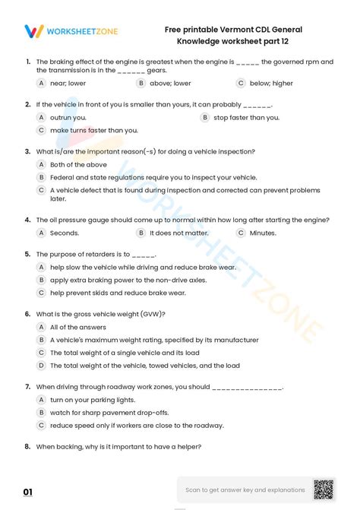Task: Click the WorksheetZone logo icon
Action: [x=33, y=31]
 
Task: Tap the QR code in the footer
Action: [x=324, y=489]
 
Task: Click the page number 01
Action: [x=28, y=493]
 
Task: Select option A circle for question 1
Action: [x=41, y=82]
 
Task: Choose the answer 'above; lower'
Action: [x=170, y=82]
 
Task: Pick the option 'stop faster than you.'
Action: [x=246, y=118]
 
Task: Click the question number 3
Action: [x=27, y=151]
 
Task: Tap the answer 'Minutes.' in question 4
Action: [x=263, y=233]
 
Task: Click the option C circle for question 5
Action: [x=41, y=292]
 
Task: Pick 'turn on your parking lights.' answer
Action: [x=92, y=399]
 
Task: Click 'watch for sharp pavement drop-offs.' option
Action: [x=109, y=413]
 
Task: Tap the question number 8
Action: [x=27, y=447]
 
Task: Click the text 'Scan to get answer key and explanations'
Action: [x=245, y=489]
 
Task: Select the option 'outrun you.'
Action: [x=68, y=118]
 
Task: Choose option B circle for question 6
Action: [x=41, y=340]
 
